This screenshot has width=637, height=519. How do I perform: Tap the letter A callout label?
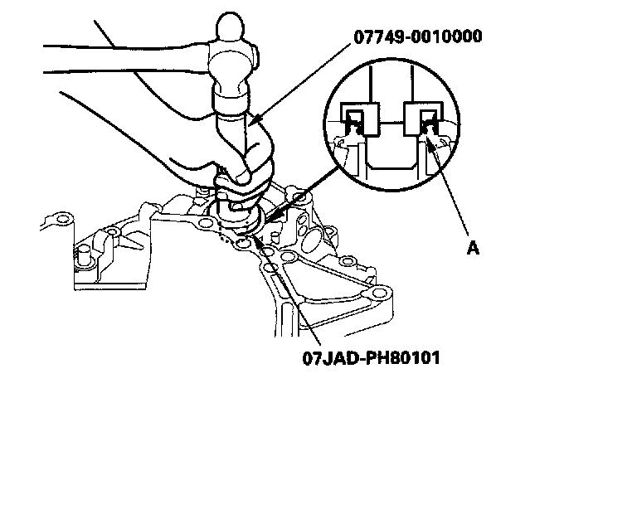point(473,247)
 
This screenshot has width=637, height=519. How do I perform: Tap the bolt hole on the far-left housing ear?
point(58,221)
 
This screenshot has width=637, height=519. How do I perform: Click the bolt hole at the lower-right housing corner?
point(381,293)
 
